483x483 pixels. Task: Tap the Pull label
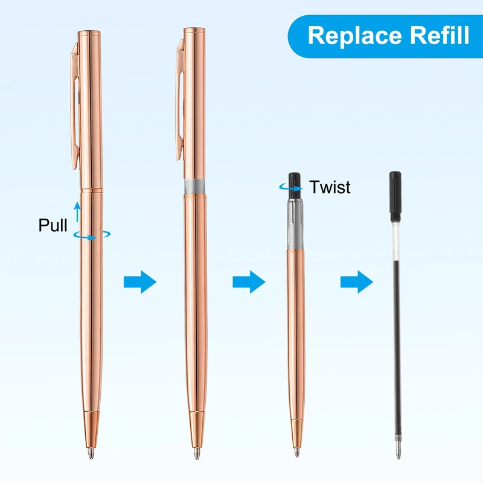pos(53,225)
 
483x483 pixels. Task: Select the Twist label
pos(330,187)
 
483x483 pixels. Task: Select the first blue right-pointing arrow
pos(139,281)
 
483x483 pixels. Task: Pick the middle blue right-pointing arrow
pos(248,281)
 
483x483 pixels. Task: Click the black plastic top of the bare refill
pos(395,193)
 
